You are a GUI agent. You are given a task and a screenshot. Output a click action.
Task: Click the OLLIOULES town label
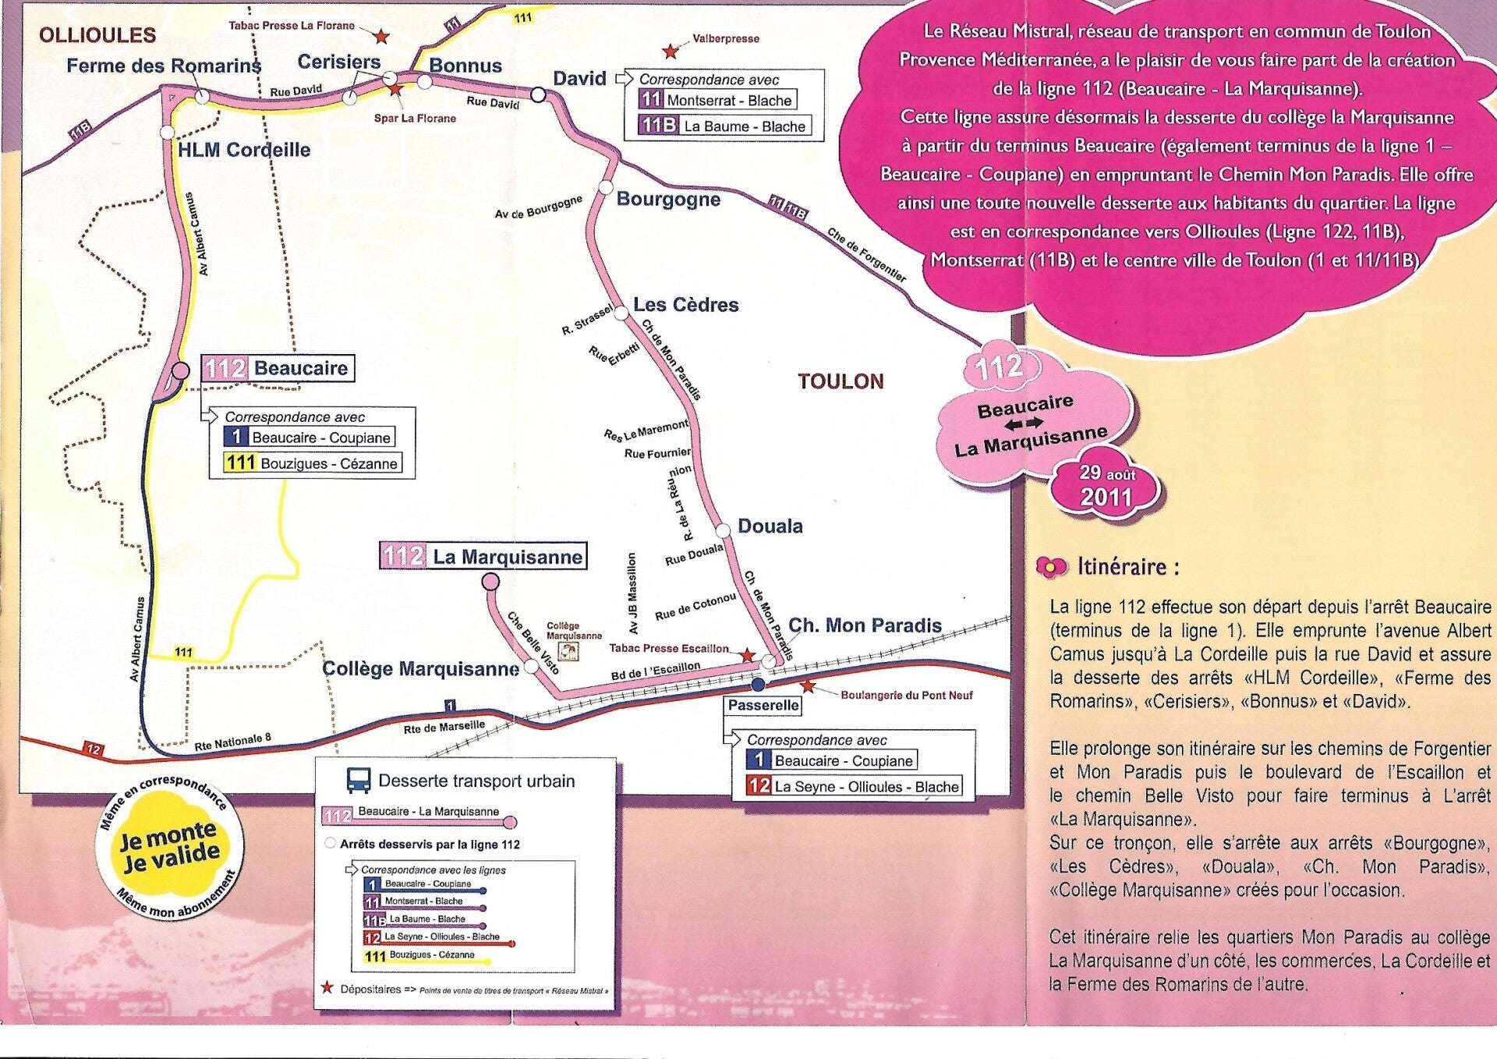pos(97,35)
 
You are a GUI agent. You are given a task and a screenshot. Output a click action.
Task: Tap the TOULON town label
pos(841,381)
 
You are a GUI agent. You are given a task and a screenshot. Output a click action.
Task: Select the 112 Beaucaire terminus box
pos(278,368)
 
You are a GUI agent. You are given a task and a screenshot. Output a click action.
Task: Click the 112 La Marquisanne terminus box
pos(483,556)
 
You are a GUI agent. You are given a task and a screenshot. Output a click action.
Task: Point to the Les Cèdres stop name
pos(685,305)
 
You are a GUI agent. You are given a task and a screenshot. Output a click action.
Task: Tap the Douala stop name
pos(770,526)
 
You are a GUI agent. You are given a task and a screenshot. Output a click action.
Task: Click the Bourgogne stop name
pos(668,200)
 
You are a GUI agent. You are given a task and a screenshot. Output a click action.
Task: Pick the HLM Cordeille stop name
pos(244,150)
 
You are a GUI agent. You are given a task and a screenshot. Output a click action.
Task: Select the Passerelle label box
pos(763,706)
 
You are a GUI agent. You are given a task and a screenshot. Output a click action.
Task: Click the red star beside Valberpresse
pos(670,51)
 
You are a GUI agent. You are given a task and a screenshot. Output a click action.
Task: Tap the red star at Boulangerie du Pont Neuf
pos(809,686)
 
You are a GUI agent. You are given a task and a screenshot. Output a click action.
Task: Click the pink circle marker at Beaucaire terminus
pos(180,370)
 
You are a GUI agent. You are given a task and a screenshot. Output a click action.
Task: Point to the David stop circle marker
pos(538,94)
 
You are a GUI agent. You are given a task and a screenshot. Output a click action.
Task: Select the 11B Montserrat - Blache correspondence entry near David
pos(717,100)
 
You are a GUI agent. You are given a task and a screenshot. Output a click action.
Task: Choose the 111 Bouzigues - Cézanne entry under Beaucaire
pos(313,463)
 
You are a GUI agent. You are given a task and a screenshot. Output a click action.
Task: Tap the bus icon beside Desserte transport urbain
pos(359,781)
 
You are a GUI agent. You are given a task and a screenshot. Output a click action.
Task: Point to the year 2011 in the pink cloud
pos(1106,497)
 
